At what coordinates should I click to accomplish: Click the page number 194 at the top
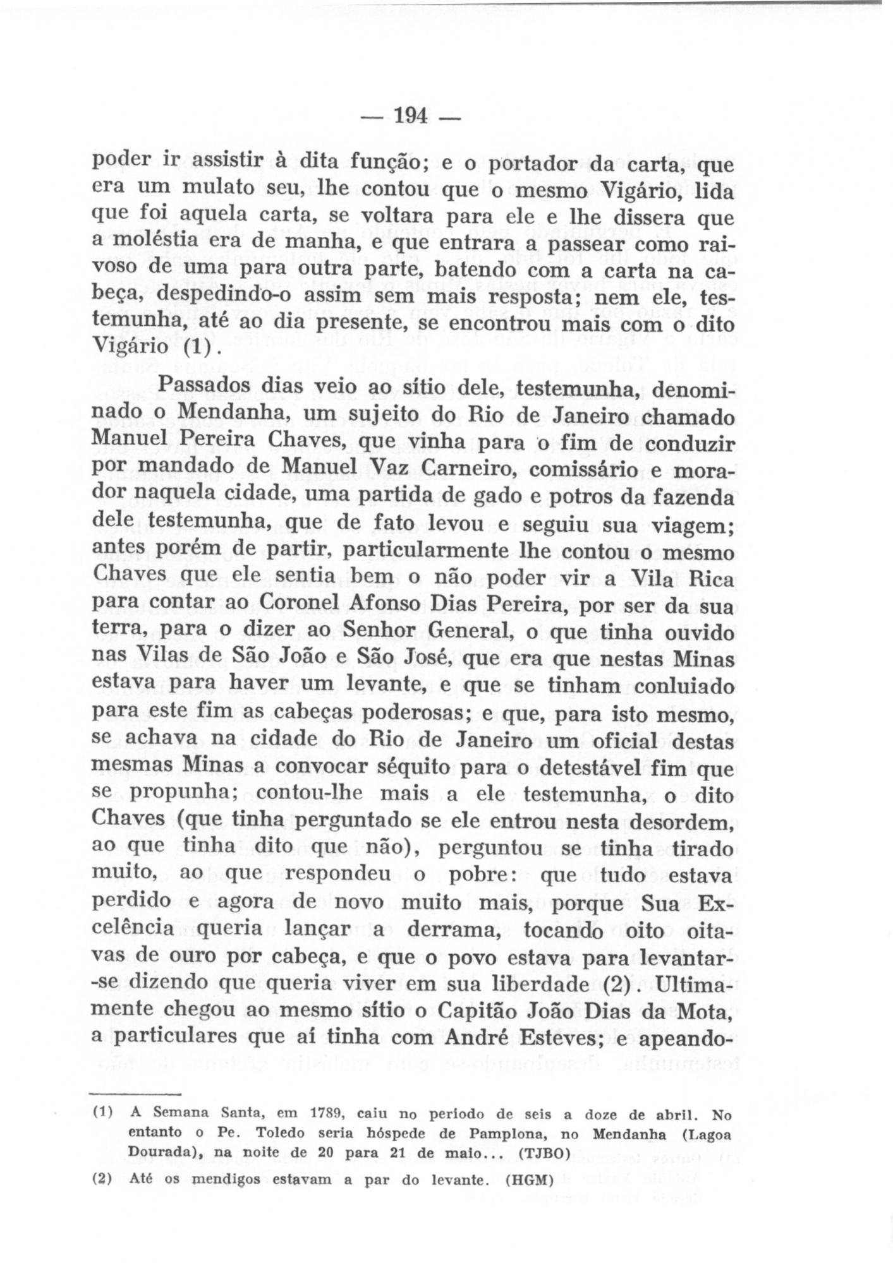click(x=411, y=116)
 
